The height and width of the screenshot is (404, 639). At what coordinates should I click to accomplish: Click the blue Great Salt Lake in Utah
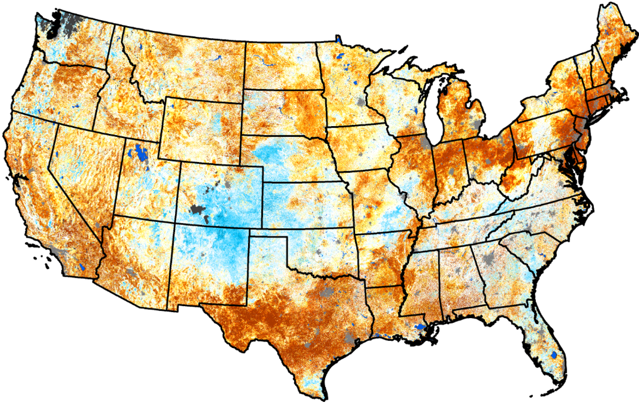coord(141,153)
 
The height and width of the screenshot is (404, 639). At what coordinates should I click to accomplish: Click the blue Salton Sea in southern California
coord(82,267)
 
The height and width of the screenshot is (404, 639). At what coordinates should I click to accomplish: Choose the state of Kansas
coord(305,204)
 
